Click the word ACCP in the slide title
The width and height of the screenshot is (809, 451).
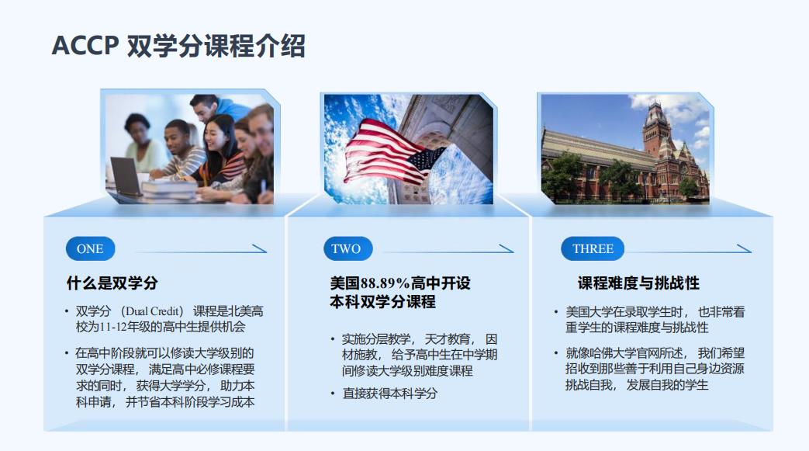click(85, 46)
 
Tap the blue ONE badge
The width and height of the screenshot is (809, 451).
click(90, 248)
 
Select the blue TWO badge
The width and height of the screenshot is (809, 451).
click(347, 248)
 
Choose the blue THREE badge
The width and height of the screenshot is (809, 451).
click(593, 248)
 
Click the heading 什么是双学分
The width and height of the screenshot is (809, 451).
click(112, 283)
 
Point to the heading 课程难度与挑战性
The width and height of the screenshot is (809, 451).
click(638, 283)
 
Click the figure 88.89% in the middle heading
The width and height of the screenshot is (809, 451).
click(385, 283)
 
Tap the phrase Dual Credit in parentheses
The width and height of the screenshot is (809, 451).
click(153, 311)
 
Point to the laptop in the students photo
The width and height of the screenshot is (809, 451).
click(126, 176)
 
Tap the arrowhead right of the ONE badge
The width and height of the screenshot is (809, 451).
click(260, 248)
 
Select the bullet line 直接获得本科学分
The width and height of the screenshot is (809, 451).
click(389, 393)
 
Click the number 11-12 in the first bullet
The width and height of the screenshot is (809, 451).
click(112, 327)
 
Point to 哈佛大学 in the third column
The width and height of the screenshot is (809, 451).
click(613, 353)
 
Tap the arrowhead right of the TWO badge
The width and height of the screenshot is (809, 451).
click(506, 248)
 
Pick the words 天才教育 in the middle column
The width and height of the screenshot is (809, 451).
click(447, 339)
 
